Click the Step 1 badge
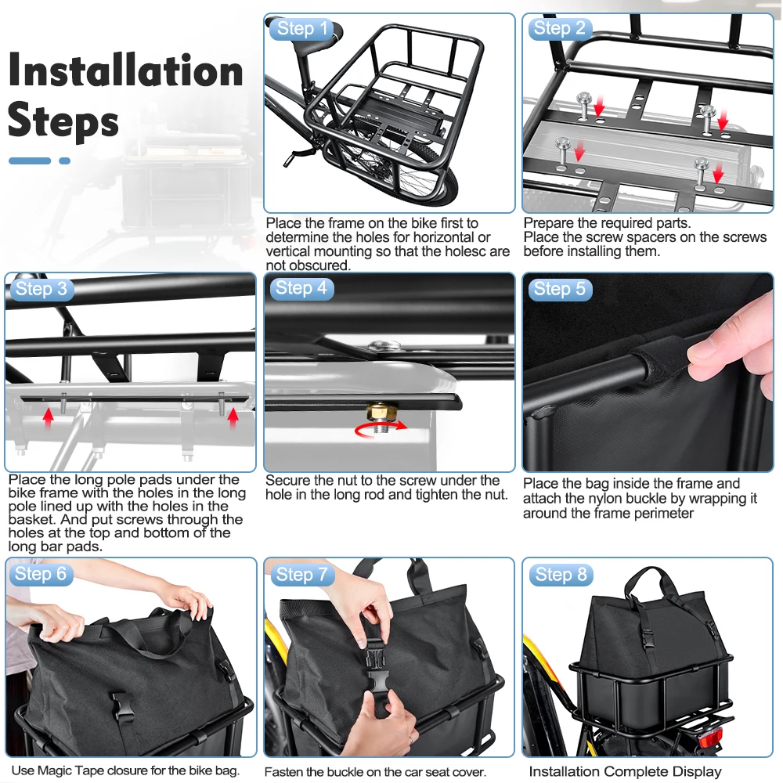pos(301,28)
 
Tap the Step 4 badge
pos(301,288)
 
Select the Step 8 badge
pos(561,575)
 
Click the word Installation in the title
pos(126,71)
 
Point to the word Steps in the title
pos(63,121)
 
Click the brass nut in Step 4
pos(382,413)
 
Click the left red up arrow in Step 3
pos(48,418)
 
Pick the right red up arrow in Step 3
pos(233,418)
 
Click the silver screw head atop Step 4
pos(384,345)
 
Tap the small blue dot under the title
pos(64,161)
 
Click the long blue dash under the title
pos(30,161)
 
